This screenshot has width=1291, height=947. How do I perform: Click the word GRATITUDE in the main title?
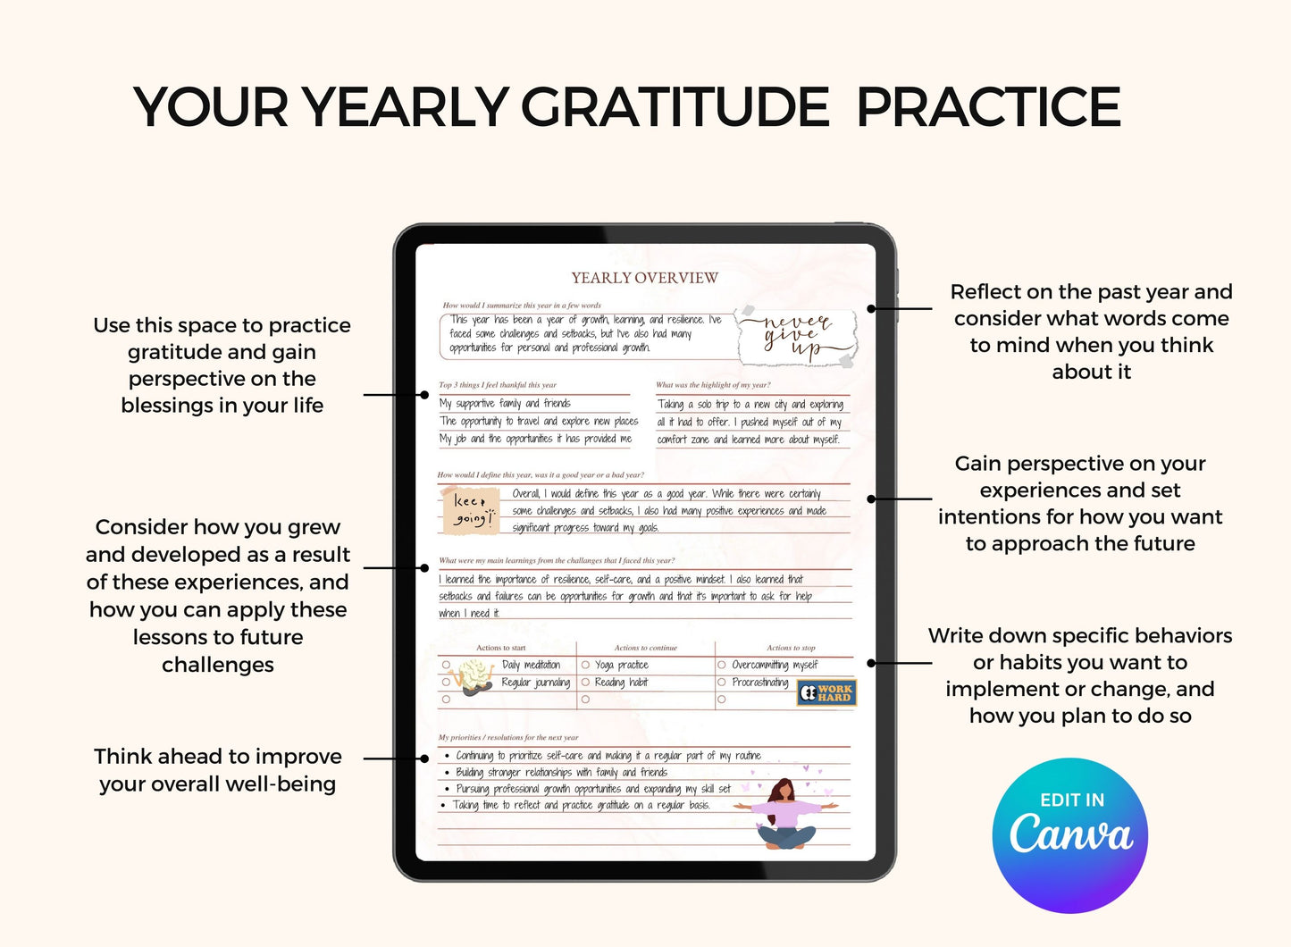click(675, 108)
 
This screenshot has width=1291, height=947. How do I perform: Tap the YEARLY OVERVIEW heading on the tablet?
click(644, 278)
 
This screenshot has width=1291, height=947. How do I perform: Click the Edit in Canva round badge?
click(1070, 835)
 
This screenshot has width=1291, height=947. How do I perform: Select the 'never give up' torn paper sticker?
click(796, 338)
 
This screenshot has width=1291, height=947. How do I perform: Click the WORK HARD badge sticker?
click(826, 693)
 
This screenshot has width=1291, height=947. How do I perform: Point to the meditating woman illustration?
click(785, 813)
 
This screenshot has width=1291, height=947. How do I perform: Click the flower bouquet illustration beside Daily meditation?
click(474, 677)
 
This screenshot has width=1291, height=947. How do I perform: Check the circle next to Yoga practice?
click(586, 665)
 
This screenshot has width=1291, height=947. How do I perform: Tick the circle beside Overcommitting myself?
click(722, 665)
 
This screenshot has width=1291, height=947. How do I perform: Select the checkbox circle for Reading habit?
click(586, 683)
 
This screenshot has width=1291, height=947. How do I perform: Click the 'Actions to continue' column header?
click(645, 648)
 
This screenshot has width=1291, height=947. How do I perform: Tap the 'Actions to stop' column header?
click(791, 648)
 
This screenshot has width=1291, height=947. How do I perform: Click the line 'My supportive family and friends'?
click(505, 404)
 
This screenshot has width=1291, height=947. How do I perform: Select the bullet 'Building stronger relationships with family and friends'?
click(561, 773)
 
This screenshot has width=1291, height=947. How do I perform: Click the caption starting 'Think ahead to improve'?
click(218, 770)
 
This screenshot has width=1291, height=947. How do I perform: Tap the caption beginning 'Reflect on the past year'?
click(1091, 331)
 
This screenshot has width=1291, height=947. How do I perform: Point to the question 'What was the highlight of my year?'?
click(713, 385)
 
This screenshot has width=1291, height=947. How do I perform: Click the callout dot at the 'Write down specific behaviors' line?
click(871, 663)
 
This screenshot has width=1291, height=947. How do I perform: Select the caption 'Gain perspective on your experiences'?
click(1079, 503)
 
